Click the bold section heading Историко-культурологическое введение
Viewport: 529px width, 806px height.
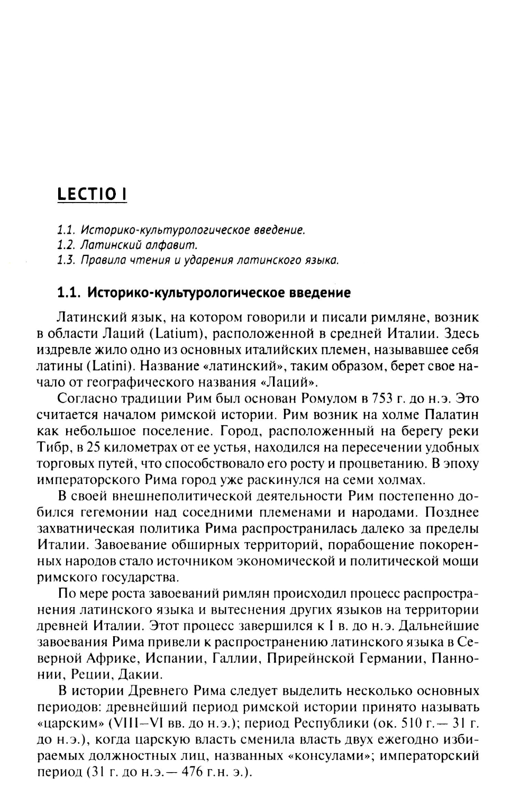click(204, 292)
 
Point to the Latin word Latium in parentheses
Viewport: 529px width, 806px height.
click(182, 334)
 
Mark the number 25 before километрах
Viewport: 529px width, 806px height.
click(93, 447)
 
